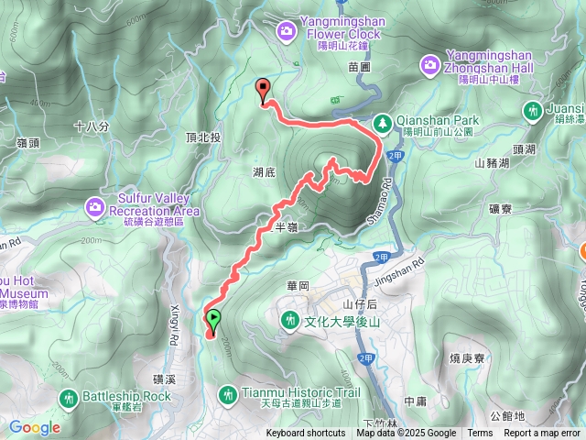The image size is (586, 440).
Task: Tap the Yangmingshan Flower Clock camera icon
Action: [x=288, y=31]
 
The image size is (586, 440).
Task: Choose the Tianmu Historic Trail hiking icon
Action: [x=228, y=393]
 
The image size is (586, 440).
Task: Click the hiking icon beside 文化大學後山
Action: [x=290, y=320]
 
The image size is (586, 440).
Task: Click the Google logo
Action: [x=35, y=427]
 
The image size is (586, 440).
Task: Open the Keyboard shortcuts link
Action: [x=306, y=434]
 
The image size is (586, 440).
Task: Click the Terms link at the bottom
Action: [x=480, y=434]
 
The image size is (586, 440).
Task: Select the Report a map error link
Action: [x=543, y=434]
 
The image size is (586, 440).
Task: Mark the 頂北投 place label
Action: [x=203, y=137]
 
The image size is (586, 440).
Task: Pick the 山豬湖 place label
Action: [x=492, y=162]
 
